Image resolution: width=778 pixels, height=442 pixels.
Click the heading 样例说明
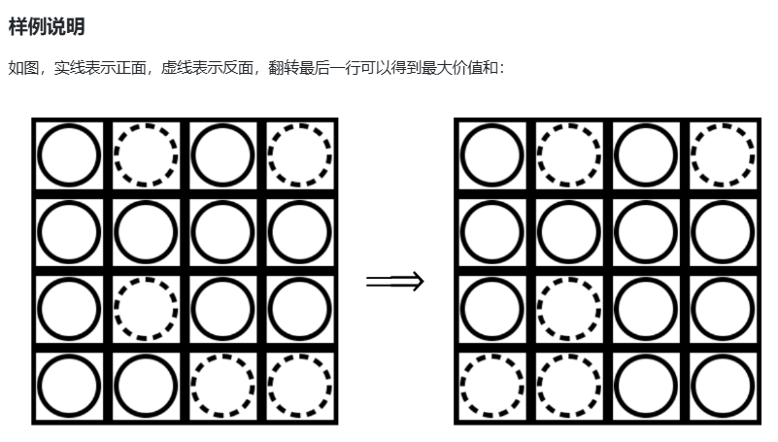point(47,27)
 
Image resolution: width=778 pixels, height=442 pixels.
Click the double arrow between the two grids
point(395,282)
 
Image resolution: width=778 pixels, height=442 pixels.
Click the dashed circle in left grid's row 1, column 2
point(146,155)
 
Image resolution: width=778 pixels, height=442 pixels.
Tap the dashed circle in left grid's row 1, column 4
point(299,155)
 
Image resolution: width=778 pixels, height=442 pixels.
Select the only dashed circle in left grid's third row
point(146,309)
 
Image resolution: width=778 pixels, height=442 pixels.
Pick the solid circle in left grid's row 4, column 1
point(69,386)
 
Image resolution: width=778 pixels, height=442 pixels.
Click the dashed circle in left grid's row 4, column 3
point(222,386)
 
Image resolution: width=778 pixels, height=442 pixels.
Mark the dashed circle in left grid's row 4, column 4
point(299,386)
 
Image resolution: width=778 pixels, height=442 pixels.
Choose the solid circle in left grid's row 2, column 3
point(222,232)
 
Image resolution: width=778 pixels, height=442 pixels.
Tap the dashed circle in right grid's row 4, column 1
point(491,386)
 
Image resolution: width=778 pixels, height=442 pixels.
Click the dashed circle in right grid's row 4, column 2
point(568,386)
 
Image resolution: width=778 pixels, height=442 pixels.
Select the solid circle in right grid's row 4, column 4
point(722,386)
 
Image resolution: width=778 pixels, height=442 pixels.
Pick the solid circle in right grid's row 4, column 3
point(645,386)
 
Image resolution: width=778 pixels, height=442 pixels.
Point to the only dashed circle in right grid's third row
point(568,309)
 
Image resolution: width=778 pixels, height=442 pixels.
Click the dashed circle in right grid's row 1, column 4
point(722,155)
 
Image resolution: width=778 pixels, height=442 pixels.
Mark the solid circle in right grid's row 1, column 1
point(491,155)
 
